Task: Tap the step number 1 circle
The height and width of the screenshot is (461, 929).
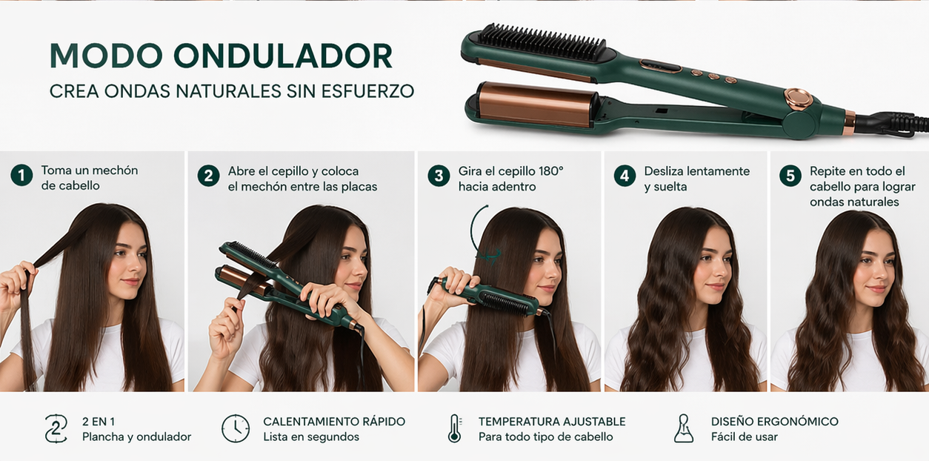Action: click(x=21, y=176)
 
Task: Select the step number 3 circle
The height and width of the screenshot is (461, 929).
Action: click(x=439, y=176)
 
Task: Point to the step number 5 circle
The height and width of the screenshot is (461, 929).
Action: click(x=790, y=176)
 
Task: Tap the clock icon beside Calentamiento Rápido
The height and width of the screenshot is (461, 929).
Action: click(x=236, y=428)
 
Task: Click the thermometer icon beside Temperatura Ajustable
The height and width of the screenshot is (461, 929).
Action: click(x=454, y=428)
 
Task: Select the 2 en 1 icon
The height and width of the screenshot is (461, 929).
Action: click(x=56, y=428)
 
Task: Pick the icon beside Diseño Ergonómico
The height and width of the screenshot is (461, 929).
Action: click(x=684, y=428)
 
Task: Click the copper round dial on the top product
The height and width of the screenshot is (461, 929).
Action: click(x=798, y=99)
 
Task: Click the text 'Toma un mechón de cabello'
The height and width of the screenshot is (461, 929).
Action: click(x=89, y=178)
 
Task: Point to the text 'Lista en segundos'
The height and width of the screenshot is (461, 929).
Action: click(x=311, y=437)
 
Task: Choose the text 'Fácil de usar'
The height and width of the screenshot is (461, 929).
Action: click(x=745, y=437)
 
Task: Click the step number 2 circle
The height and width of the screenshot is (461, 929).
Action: click(x=208, y=176)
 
